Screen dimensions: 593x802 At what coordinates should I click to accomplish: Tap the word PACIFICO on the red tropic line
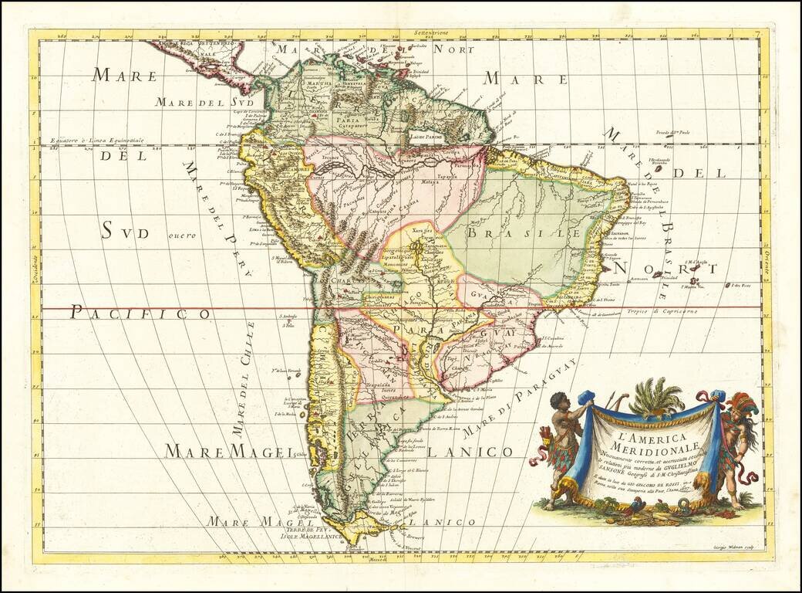(x=140, y=313)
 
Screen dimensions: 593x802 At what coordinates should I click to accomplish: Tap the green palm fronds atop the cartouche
(x=656, y=396)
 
